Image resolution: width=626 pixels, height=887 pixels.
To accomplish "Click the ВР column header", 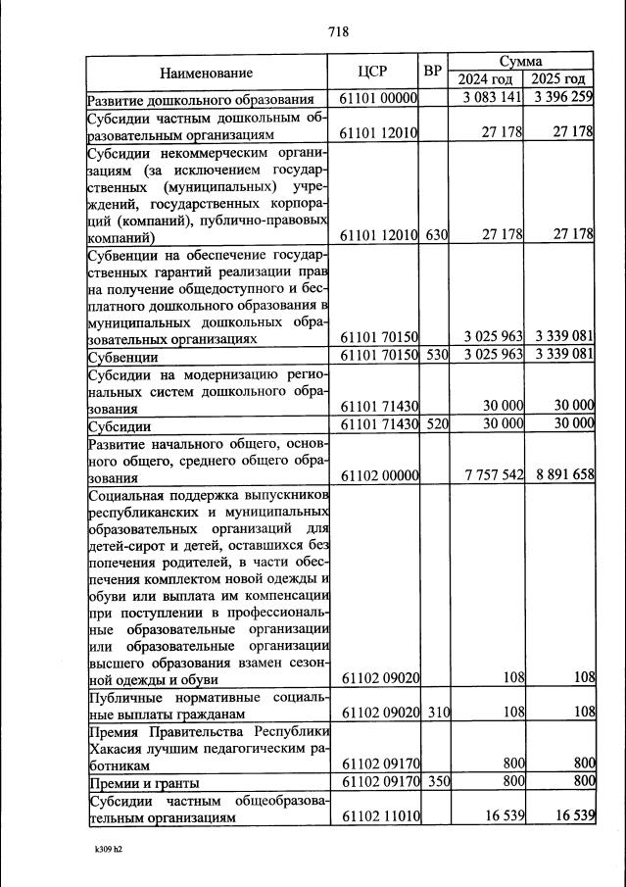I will pyautogui.click(x=433, y=71).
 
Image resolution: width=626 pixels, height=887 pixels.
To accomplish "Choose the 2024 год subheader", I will pyautogui.click(x=486, y=79).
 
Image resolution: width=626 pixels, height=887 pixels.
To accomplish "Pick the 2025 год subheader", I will pyautogui.click(x=558, y=79).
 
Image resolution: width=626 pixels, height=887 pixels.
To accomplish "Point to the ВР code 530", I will pyautogui.click(x=436, y=354).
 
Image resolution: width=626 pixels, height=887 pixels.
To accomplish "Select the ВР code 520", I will pyautogui.click(x=436, y=423).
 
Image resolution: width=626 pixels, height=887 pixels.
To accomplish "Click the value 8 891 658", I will pyautogui.click(x=563, y=475).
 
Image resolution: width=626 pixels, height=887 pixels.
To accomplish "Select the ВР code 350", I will pyautogui.click(x=436, y=782).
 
